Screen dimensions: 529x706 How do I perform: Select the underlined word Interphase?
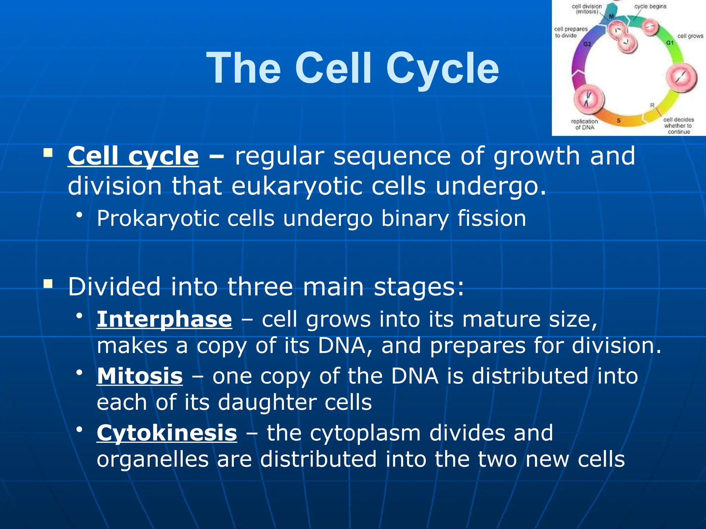[164, 319]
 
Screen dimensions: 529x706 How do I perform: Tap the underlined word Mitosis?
[140, 376]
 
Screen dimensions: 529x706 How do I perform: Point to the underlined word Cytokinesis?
[167, 433]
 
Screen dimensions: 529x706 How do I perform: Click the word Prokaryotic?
[158, 218]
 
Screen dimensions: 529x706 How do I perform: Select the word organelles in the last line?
[153, 459]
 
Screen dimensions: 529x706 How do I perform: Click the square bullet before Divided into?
[48, 284]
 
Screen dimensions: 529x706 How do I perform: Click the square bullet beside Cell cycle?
[48, 153]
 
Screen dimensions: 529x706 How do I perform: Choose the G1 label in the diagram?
[670, 43]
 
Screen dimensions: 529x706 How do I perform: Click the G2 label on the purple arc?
[587, 44]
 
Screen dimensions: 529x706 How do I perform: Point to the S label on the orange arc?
[618, 121]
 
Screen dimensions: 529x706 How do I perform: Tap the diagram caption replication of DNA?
[584, 124]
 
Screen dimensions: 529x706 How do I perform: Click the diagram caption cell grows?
[690, 36]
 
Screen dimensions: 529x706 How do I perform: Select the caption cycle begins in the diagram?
[650, 7]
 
